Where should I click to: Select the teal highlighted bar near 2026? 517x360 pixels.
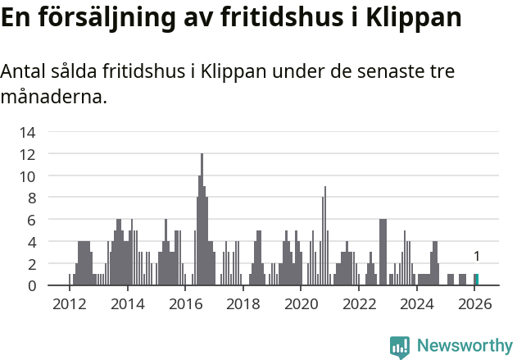[x=476, y=280]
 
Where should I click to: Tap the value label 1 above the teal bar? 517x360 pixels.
[x=476, y=257]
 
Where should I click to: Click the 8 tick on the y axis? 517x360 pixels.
[x=31, y=198]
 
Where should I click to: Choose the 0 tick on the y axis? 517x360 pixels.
[x=31, y=285]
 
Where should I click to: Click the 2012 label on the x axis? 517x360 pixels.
[x=69, y=304]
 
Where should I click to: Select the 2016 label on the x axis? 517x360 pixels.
[x=185, y=304]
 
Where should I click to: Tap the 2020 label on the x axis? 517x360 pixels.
[x=301, y=304]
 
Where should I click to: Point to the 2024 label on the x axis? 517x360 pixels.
[x=417, y=304]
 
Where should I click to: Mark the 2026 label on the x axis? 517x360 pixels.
[x=474, y=304]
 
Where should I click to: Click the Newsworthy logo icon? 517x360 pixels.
[x=400, y=346]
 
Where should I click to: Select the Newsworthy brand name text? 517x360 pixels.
[x=464, y=346]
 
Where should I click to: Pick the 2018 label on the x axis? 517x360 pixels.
[x=243, y=304]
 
